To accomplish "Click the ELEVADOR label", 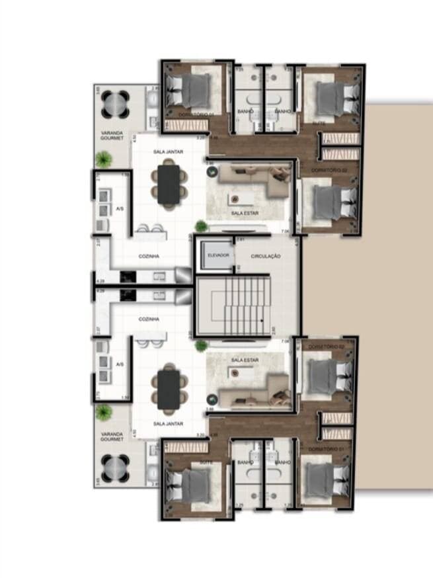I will (x=217, y=255).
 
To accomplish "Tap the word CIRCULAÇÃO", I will (x=266, y=256).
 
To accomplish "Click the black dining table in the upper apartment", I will (x=168, y=183).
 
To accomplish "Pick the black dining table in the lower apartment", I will (x=168, y=388).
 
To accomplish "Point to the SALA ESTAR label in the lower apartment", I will (x=244, y=359).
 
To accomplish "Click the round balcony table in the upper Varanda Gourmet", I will (x=116, y=103).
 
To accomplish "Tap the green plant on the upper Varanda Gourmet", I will (x=102, y=159).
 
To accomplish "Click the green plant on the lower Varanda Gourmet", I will (x=102, y=413).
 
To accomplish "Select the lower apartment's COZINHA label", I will (x=148, y=319).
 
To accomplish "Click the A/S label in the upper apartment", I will (x=120, y=209).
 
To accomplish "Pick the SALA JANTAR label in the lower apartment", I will (x=168, y=423).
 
